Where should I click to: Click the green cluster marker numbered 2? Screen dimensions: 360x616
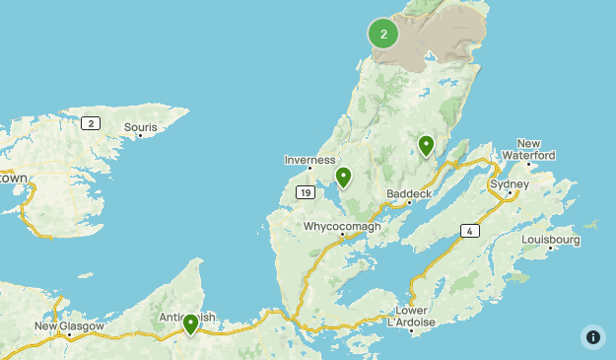pyautogui.click(x=383, y=34)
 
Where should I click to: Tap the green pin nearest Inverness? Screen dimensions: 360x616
pyautogui.click(x=343, y=178)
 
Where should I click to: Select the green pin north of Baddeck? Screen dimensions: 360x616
pyautogui.click(x=426, y=146)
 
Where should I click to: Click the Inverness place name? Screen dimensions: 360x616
pyautogui.click(x=310, y=160)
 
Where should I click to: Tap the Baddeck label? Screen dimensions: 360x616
pyautogui.click(x=407, y=192)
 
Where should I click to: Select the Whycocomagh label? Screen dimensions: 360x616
pyautogui.click(x=341, y=226)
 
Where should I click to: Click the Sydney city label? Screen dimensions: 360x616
pyautogui.click(x=511, y=184)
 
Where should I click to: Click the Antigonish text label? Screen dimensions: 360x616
pyautogui.click(x=187, y=318)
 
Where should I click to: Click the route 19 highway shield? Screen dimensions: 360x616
pyautogui.click(x=306, y=192)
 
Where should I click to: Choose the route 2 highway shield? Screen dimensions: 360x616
pyautogui.click(x=91, y=122)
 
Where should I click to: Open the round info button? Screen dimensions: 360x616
pyautogui.click(x=593, y=336)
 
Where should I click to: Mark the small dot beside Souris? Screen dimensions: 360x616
pyautogui.click(x=141, y=136)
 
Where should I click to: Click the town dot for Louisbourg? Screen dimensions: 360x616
pyautogui.click(x=551, y=249)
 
